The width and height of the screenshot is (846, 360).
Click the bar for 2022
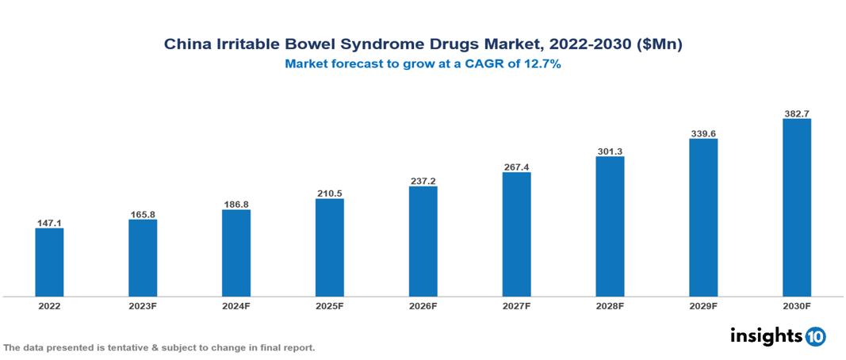click(x=49, y=262)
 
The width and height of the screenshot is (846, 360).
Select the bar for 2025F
click(x=329, y=247)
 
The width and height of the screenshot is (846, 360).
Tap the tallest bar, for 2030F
click(x=796, y=208)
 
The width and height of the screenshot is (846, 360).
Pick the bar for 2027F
click(x=516, y=234)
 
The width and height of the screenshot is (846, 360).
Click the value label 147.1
click(x=49, y=223)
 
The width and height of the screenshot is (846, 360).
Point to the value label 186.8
click(x=236, y=204)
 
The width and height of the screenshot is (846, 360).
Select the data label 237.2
click(x=423, y=181)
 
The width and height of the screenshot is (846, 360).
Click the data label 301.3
click(x=610, y=151)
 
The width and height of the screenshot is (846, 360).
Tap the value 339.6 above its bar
click(x=703, y=133)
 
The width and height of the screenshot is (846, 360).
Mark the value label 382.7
click(x=796, y=113)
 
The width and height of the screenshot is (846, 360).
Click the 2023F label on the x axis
click(x=143, y=305)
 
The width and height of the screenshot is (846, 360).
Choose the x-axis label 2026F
click(x=423, y=305)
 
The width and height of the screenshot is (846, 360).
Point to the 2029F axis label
click(x=703, y=305)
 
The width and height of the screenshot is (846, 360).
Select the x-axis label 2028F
click(x=610, y=305)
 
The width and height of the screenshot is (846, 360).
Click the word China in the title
click(x=184, y=45)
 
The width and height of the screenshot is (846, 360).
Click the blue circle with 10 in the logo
click(x=815, y=336)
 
